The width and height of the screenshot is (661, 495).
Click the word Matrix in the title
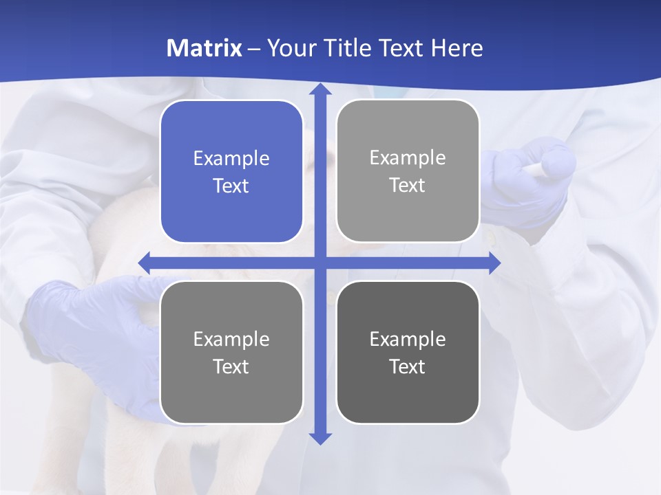pos(204,48)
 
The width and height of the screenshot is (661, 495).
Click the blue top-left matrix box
pos(231,171)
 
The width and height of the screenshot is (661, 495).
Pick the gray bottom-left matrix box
pos(231,352)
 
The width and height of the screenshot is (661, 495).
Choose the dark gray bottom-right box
pos(408,352)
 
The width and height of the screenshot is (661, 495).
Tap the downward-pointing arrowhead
pos(320,438)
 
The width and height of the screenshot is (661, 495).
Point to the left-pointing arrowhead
pos(145,263)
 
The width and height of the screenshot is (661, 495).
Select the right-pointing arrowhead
pos(494,263)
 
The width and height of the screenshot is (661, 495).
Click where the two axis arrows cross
pos(320,263)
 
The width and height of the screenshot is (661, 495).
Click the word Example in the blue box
pos(231,158)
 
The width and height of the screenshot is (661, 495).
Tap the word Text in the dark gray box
pos(408,366)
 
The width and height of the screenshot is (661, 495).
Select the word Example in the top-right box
pos(408,157)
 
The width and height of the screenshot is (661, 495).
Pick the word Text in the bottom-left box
pos(231,366)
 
